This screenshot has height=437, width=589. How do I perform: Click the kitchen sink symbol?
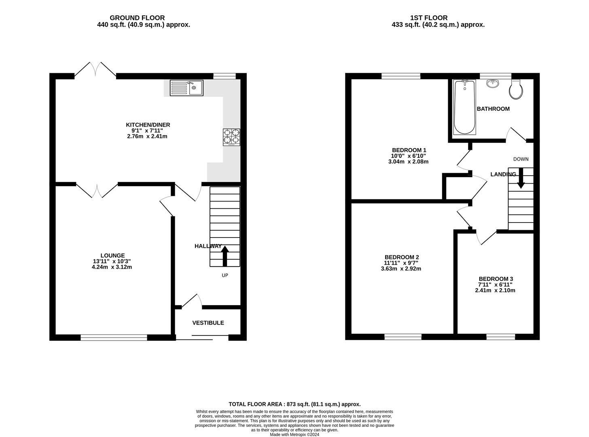(x=186, y=88)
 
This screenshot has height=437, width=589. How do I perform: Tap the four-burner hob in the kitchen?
(x=231, y=137)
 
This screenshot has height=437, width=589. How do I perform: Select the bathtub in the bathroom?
(x=464, y=107)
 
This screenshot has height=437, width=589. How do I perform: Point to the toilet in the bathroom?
(x=516, y=89)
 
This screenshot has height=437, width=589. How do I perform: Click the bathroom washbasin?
(x=493, y=83)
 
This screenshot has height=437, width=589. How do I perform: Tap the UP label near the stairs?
(x=225, y=275)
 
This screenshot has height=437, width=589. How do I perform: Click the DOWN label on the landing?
(x=521, y=159)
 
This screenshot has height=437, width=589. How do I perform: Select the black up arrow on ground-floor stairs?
(x=225, y=256)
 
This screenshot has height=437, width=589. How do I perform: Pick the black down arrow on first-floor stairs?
(x=521, y=178)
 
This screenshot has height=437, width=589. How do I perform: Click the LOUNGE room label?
(x=112, y=255)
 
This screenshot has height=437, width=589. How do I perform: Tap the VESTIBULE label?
(x=208, y=323)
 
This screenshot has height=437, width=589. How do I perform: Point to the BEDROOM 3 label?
(x=496, y=279)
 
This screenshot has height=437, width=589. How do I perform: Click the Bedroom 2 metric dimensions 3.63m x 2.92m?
(x=401, y=269)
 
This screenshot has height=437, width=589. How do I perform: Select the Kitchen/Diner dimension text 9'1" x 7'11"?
(x=147, y=130)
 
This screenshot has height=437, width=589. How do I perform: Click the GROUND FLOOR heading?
(x=137, y=18)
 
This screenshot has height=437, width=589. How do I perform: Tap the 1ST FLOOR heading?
(x=429, y=18)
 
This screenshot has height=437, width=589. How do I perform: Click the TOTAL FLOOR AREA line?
(x=295, y=404)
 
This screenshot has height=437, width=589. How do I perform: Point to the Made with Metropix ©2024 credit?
(x=294, y=435)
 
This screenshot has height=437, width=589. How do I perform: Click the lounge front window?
(x=114, y=337)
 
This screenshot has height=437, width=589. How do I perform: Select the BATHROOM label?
(x=493, y=109)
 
